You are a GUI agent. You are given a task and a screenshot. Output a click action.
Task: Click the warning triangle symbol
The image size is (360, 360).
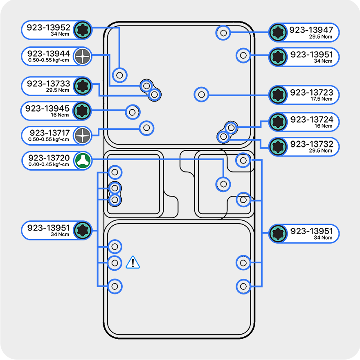point(133,263)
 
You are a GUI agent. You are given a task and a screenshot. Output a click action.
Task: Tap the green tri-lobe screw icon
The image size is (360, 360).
point(83,161)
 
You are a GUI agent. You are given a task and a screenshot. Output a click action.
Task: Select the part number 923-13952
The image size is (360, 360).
point(49,28)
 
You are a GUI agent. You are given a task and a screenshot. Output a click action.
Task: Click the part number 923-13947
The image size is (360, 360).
point(311,30)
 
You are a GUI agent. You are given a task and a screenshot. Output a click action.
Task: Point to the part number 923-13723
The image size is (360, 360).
point(311,93)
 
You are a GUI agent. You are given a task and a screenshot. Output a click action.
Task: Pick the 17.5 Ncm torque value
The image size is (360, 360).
point(321,99)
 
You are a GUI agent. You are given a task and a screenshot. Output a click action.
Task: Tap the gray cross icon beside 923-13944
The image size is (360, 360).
point(83,56)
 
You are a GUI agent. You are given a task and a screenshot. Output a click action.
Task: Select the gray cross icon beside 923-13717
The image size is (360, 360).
point(83,136)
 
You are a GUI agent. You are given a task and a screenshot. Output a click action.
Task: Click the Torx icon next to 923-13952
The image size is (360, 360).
point(83,30)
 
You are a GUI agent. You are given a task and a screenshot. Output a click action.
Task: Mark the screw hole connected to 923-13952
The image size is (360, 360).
point(120,75)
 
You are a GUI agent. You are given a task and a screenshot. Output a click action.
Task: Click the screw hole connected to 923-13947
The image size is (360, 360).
point(223,33)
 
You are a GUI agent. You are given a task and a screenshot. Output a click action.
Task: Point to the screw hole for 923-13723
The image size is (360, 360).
point(201,95)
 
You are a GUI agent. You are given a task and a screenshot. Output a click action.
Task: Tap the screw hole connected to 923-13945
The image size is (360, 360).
point(132,111)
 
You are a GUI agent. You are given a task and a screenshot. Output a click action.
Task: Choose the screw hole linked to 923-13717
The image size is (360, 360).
point(146,128)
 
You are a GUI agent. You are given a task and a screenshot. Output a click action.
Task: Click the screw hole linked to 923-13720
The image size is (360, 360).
point(223,184)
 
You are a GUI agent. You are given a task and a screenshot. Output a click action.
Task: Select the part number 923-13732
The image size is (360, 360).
point(311,144)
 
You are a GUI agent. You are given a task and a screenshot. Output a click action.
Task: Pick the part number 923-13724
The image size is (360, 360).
point(311,120)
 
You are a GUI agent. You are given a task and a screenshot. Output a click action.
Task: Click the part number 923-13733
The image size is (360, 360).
point(49,84)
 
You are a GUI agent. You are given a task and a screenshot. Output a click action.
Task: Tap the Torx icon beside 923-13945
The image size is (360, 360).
point(83,111)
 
